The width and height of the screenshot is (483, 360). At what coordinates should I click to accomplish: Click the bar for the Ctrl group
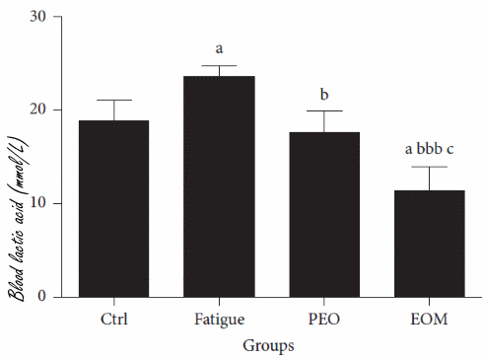point(113,208)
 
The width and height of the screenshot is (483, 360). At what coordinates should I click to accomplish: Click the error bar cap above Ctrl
point(113,101)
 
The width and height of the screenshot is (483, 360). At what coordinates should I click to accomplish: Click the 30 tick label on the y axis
point(38,17)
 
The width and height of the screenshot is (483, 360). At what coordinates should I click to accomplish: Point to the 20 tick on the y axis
point(38,110)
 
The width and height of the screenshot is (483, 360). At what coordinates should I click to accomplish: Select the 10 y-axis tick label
point(38,203)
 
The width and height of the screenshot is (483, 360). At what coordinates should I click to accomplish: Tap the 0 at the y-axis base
point(42,296)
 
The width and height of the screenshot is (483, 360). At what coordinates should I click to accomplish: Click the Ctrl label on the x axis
point(113,320)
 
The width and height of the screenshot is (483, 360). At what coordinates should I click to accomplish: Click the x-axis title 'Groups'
point(269,346)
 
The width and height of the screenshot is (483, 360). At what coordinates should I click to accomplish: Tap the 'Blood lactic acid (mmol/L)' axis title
point(13,158)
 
